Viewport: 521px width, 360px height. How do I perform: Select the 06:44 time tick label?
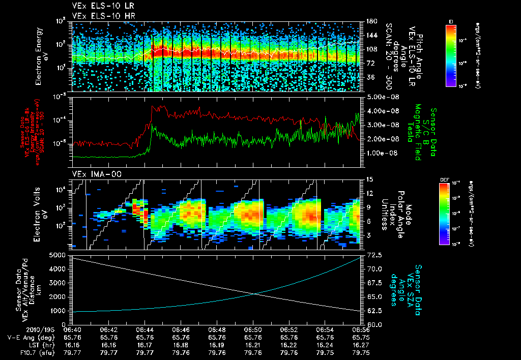145,329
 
